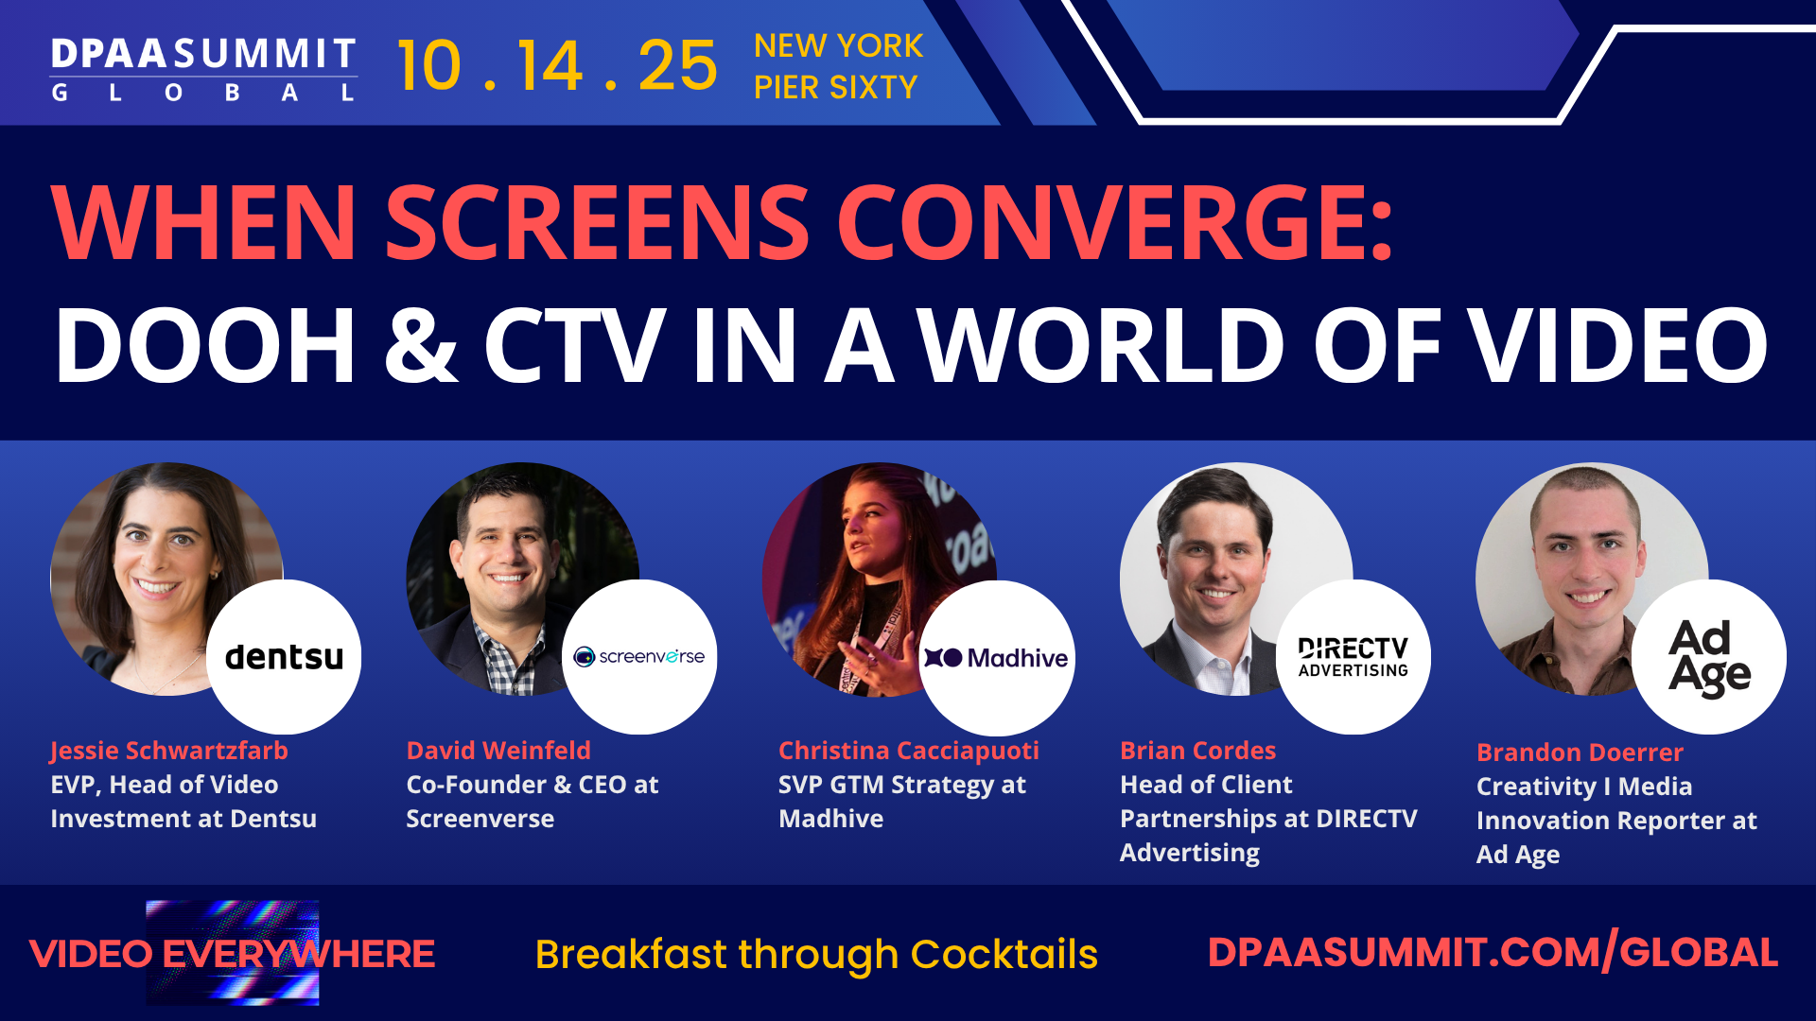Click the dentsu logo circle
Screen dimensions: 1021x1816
[x=284, y=657]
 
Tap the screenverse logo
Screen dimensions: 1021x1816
[x=640, y=657]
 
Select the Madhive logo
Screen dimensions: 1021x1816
[x=997, y=658]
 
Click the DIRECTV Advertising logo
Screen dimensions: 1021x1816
[x=1353, y=657]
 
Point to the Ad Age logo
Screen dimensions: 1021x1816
[x=1709, y=657]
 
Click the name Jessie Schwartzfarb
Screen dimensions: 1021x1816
[x=169, y=751]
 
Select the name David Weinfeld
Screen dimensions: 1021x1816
[x=498, y=751]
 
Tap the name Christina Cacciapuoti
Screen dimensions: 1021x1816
[x=908, y=751]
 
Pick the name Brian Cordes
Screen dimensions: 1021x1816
[x=1197, y=751]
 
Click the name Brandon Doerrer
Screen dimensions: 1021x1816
[x=1580, y=753]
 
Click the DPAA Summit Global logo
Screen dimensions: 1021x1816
[x=203, y=68]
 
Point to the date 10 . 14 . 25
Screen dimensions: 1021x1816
[x=557, y=66]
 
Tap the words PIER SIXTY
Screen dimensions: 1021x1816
[x=835, y=88]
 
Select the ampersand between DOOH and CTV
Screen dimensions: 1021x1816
[x=421, y=345]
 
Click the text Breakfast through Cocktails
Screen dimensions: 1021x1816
[x=816, y=954]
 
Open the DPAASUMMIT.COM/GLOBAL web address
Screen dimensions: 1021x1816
[x=1493, y=952]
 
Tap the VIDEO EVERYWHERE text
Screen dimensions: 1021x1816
[x=232, y=954]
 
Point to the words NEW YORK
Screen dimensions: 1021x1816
[x=838, y=45]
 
